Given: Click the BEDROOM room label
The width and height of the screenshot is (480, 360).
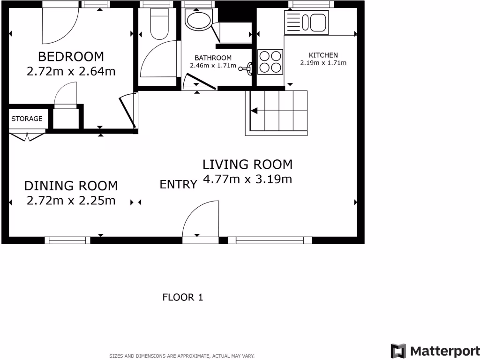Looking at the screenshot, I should click(71, 57).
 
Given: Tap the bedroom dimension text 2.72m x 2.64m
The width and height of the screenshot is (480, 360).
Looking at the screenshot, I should click(71, 72).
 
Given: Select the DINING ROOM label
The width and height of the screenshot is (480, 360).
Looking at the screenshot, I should click(71, 186).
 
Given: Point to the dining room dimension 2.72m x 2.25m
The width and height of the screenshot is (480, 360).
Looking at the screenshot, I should click(71, 201).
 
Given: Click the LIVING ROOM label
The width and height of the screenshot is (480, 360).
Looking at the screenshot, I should click(247, 165).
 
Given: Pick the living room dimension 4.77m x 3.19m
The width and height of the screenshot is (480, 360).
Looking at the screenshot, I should click(247, 179).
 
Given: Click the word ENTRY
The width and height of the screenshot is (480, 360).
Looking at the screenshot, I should click(178, 185).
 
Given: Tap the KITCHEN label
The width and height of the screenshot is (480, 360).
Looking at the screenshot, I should click(323, 55).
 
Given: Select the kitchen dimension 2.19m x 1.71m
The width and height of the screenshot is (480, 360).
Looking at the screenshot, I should click(323, 63).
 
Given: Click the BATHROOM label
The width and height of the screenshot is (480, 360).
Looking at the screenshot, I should click(213, 58).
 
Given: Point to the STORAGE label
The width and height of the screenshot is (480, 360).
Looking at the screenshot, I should click(27, 119).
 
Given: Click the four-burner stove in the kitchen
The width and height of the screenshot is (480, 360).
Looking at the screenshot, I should click(270, 62).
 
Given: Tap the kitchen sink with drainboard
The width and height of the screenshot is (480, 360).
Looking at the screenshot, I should click(307, 22).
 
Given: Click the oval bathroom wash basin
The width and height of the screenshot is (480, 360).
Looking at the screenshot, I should click(198, 20).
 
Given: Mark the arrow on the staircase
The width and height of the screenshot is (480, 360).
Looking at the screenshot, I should click(255, 111).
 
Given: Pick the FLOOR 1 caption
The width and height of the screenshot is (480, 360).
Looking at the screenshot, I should click(182, 297).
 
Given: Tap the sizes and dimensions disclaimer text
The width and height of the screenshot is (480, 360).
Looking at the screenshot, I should click(182, 356).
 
